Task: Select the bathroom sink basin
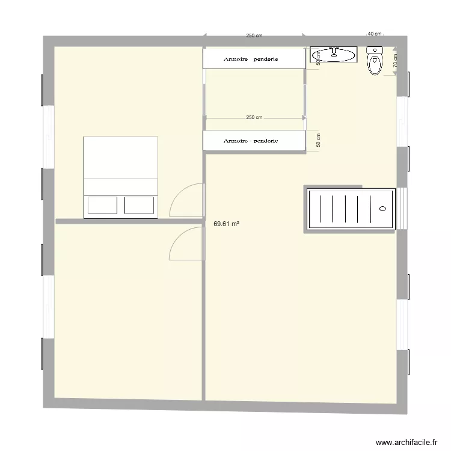336,56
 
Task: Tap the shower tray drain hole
382,209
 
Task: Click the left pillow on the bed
102,205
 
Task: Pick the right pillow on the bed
140,205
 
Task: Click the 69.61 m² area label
227,224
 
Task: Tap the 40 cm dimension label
374,34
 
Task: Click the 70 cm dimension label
395,61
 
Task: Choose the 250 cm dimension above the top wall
254,35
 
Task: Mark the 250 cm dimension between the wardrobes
254,117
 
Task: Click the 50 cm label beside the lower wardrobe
319,140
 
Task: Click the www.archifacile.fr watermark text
406,442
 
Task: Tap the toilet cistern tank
375,51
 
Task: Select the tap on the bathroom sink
336,49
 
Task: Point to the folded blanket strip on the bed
121,186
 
